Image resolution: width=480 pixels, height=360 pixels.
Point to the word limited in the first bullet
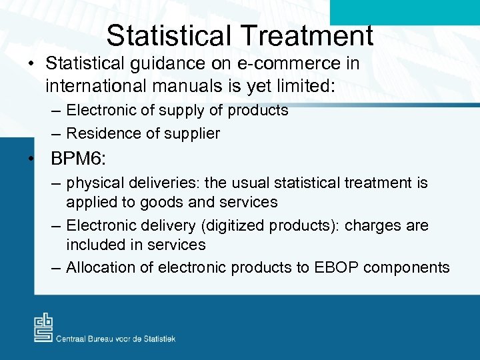point(276,86)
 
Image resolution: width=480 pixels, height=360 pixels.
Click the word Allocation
point(98,268)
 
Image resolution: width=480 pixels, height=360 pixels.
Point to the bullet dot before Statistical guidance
point(31,64)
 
